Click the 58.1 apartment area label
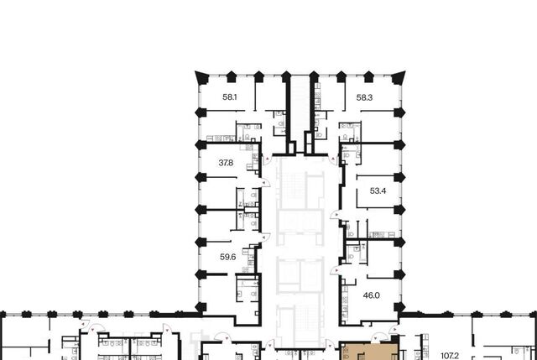[229, 97]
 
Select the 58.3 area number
[364, 97]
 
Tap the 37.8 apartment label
[226, 163]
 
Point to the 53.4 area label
[378, 191]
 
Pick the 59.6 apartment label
[227, 257]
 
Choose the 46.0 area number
[371, 295]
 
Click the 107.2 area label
[450, 357]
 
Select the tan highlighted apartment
[369, 352]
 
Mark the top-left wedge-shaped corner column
[201, 77]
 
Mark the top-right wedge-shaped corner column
[399, 77]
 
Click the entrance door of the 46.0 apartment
[335, 270]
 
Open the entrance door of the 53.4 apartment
[335, 215]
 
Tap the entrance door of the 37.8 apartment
[266, 183]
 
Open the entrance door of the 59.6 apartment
[266, 237]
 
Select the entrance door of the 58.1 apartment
[267, 159]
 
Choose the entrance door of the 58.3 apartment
[333, 159]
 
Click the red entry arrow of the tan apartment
[376, 338]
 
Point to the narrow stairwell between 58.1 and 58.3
[300, 113]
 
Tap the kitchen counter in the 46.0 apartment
[345, 305]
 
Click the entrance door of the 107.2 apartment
[394, 330]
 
